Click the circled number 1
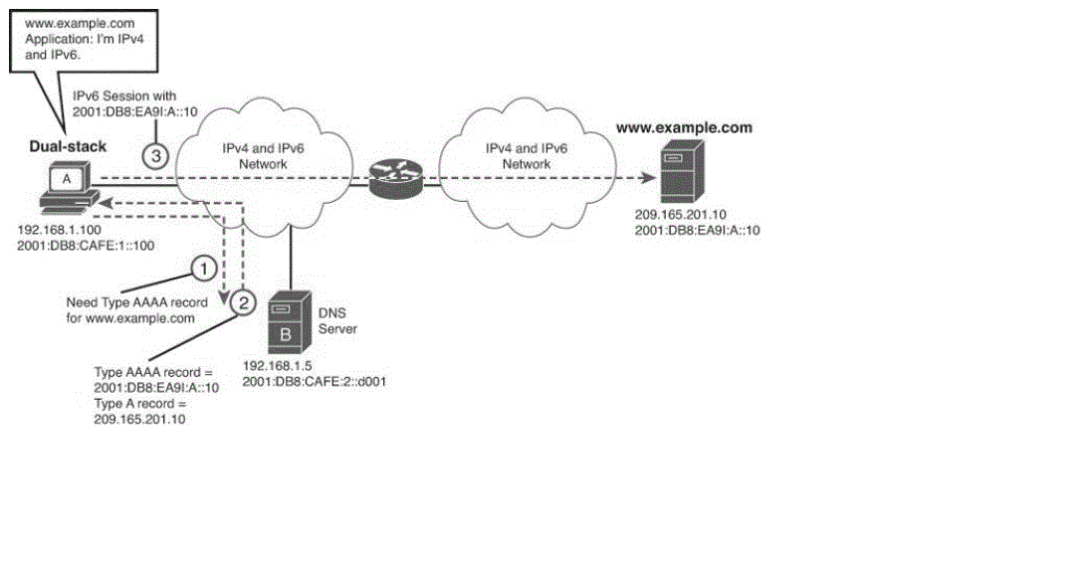(203, 269)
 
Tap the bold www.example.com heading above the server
(684, 128)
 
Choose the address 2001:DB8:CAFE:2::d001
(300, 379)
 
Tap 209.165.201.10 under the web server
(681, 214)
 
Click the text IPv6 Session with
(124, 95)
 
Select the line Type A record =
(140, 404)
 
